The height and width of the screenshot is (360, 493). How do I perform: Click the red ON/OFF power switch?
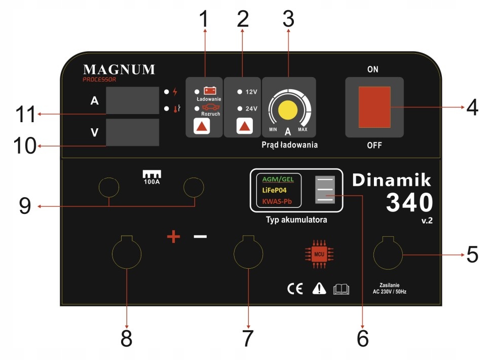pyautogui.click(x=374, y=107)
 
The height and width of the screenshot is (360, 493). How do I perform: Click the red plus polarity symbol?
pyautogui.click(x=174, y=237)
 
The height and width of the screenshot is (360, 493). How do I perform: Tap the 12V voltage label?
pyautogui.click(x=252, y=92)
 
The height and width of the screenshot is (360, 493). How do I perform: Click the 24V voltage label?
pyautogui.click(x=252, y=109)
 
